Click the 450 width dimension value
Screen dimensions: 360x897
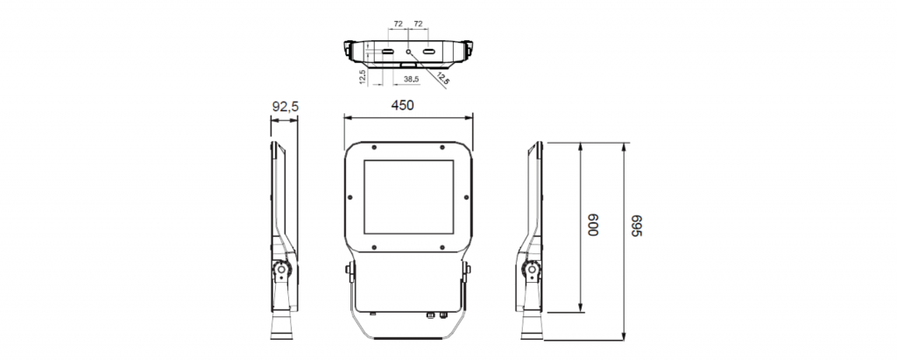402,105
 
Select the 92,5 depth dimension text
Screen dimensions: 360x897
286,107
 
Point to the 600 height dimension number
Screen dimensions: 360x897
592,226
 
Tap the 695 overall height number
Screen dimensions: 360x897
637,226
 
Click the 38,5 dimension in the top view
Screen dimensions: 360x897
410,79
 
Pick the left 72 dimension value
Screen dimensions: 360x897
398,25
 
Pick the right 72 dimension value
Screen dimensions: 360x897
419,25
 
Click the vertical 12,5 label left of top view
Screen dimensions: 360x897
362,77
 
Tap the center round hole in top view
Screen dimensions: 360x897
408,52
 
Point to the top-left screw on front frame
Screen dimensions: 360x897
374,146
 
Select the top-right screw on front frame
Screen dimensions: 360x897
442,146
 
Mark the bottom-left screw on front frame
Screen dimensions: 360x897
374,248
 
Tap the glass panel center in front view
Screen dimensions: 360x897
408,197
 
